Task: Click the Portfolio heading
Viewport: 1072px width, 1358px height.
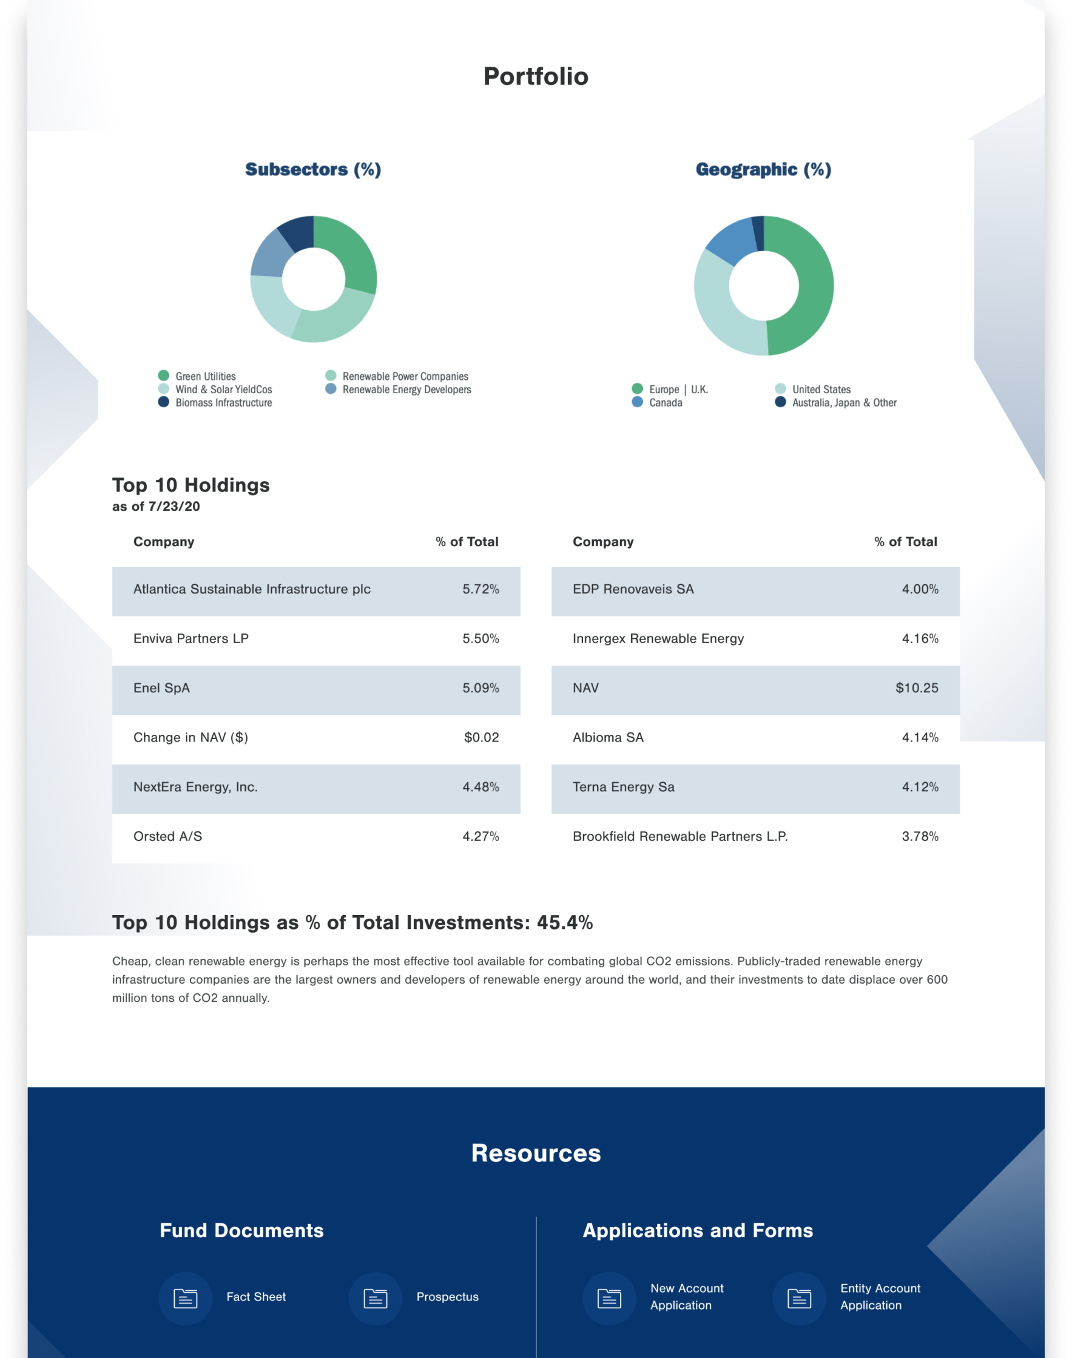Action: (x=535, y=76)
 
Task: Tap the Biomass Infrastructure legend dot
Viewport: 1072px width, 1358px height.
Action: (x=164, y=402)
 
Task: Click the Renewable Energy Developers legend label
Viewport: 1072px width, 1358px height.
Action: (x=406, y=390)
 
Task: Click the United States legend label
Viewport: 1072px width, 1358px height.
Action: (x=821, y=390)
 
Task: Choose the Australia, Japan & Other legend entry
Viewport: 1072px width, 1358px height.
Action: (x=844, y=403)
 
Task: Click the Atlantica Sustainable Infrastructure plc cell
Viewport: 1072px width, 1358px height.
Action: (x=252, y=590)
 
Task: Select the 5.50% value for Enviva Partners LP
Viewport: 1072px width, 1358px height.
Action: (x=480, y=639)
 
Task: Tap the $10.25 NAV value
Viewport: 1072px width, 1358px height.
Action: (x=916, y=688)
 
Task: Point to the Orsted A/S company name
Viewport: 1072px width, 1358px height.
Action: (x=167, y=837)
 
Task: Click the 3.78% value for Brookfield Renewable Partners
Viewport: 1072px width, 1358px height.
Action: (x=920, y=837)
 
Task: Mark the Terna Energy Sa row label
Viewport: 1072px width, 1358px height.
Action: (x=623, y=787)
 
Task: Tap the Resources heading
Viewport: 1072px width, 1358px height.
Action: (x=535, y=1154)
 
